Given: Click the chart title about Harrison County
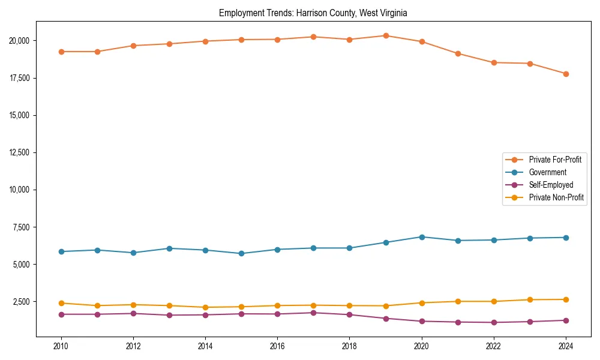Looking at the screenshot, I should [313, 13].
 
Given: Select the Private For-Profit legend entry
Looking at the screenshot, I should [555, 160].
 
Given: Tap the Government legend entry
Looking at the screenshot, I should [547, 172].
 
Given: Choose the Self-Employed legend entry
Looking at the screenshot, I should [551, 185].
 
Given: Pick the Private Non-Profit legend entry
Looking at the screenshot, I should [556, 197].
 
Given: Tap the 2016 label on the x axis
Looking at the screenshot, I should [277, 346].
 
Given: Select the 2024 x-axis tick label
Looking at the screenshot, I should [566, 346].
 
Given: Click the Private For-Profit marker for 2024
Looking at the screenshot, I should [566, 74].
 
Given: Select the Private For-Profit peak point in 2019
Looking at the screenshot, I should [386, 35].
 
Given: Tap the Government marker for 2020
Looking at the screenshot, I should [422, 237].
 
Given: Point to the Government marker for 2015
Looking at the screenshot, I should [241, 253].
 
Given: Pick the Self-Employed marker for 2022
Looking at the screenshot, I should [494, 323].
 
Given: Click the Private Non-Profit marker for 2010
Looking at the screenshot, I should [61, 303].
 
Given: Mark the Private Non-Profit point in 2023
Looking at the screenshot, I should [530, 300].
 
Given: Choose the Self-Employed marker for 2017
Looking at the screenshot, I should [313, 313].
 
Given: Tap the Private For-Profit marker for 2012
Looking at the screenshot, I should [133, 46].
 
